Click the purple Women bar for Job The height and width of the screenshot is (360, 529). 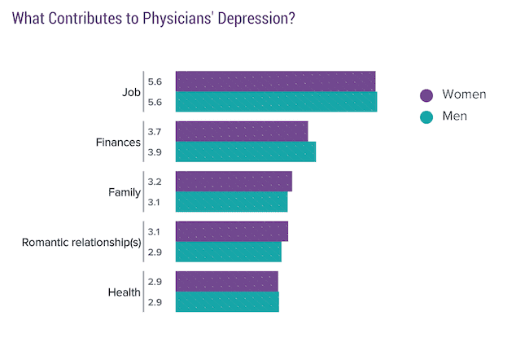pyautogui.click(x=275, y=81)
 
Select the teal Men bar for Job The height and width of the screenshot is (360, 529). pyautogui.click(x=277, y=102)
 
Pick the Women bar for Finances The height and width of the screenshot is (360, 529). pyautogui.click(x=242, y=131)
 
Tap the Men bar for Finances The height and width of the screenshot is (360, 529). pyautogui.click(x=246, y=151)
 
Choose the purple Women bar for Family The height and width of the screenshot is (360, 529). pyautogui.click(x=234, y=182)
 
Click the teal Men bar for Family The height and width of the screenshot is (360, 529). pyautogui.click(x=231, y=202)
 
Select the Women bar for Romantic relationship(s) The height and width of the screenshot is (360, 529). pyautogui.click(x=232, y=231)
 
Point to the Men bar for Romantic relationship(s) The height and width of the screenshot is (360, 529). pyautogui.click(x=229, y=252)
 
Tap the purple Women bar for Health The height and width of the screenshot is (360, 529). pyautogui.click(x=227, y=281)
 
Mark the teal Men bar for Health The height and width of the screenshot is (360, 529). pyautogui.click(x=227, y=301)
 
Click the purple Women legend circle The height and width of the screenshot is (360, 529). pyautogui.click(x=426, y=95)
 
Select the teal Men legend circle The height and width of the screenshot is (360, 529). pyautogui.click(x=426, y=117)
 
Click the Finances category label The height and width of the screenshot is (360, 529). pyautogui.click(x=118, y=143)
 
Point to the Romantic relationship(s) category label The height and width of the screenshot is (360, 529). pyautogui.click(x=81, y=242)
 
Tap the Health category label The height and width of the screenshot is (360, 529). pyautogui.click(x=125, y=292)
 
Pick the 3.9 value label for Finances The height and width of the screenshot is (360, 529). pyautogui.click(x=155, y=152)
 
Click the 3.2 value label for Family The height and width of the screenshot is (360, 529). pyautogui.click(x=155, y=182)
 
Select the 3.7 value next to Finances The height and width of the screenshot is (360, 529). pyautogui.click(x=155, y=132)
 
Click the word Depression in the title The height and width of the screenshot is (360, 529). pyautogui.click(x=256, y=19)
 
